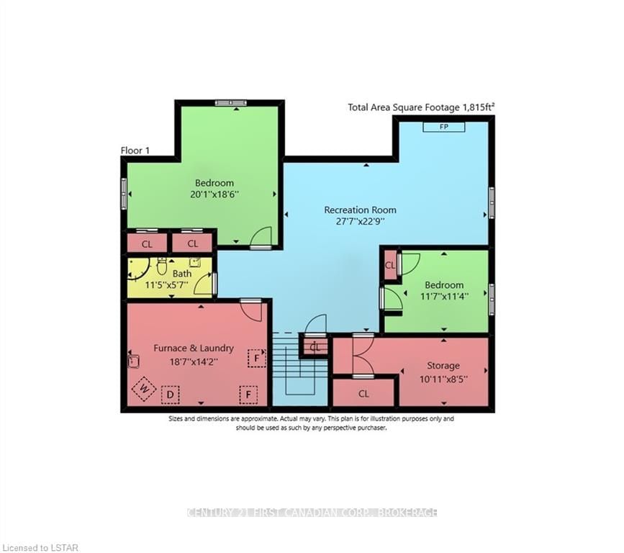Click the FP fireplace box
coord(444,127)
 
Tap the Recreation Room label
coord(360,210)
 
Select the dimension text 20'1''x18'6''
coord(214,194)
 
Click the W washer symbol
coord(144,389)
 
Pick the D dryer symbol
coord(171,395)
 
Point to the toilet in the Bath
coord(161,266)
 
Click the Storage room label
coord(443,366)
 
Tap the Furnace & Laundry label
coord(194,348)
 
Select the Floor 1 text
coord(135,150)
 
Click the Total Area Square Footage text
coord(422,107)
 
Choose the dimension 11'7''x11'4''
coord(444,297)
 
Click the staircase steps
coord(299,367)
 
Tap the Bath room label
coord(182,274)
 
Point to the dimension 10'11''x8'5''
coord(443,379)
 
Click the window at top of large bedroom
coord(231,103)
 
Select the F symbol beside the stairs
coord(257,358)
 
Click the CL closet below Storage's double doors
coord(363,394)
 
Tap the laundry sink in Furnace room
coord(133,361)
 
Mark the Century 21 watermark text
coord(312,513)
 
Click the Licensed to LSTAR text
coord(40,548)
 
